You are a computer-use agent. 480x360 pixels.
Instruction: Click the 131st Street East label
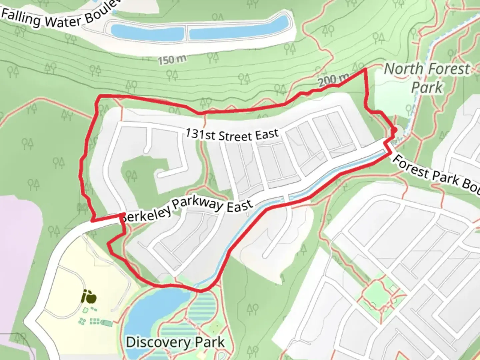click(232, 135)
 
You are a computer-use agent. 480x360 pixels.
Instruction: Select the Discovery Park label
click(175, 342)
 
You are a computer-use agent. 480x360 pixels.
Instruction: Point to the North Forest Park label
click(427, 78)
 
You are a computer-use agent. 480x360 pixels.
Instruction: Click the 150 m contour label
click(172, 60)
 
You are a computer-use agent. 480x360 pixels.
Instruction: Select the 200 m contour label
click(333, 80)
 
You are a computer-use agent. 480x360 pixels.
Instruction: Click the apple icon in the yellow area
click(89, 296)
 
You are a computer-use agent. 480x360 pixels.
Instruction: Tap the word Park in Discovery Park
click(210, 342)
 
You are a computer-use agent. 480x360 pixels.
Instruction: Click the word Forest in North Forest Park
click(449, 69)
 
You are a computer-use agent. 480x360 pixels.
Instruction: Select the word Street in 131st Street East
click(235, 136)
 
